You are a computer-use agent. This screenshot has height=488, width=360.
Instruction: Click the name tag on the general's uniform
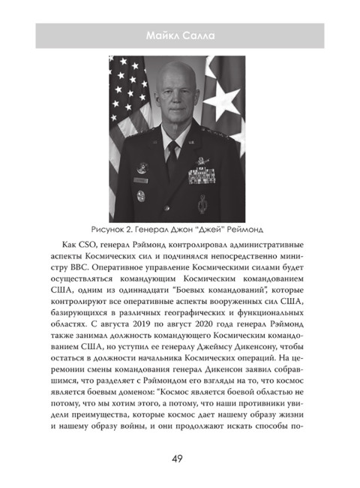pyautogui.click(x=142, y=180)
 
